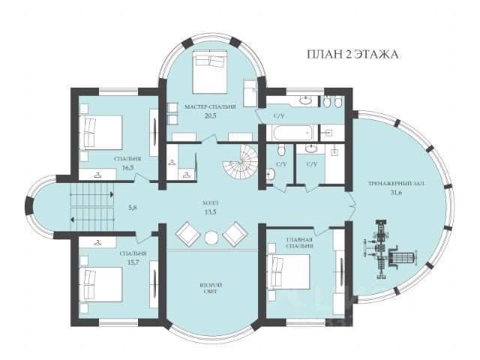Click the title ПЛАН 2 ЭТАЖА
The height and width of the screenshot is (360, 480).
click(x=352, y=54)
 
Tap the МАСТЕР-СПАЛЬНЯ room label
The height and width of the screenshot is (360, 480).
click(x=210, y=106)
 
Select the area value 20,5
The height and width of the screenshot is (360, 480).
click(x=210, y=115)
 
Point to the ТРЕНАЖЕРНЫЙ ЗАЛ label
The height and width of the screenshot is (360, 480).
click(x=396, y=184)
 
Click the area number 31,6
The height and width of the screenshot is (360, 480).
click(x=396, y=193)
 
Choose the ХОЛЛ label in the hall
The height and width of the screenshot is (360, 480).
click(x=210, y=203)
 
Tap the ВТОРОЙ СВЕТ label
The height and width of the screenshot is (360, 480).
click(x=211, y=288)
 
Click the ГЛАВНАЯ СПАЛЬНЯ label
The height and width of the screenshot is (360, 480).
click(x=299, y=242)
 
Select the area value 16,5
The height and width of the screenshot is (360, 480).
click(x=128, y=167)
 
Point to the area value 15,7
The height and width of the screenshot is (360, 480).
click(x=133, y=262)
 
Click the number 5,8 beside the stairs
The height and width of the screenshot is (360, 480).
click(x=132, y=207)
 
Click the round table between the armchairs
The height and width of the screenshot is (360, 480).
click(x=211, y=238)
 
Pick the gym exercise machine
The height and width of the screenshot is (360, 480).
click(x=388, y=249)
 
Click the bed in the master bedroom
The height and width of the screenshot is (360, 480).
click(x=210, y=72)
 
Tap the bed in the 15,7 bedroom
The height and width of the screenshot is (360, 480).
click(x=101, y=284)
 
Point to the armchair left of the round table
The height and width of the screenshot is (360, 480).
click(x=188, y=234)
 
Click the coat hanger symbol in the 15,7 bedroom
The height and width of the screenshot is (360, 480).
click(x=97, y=243)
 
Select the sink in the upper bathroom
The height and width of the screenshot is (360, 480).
click(x=304, y=100)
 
